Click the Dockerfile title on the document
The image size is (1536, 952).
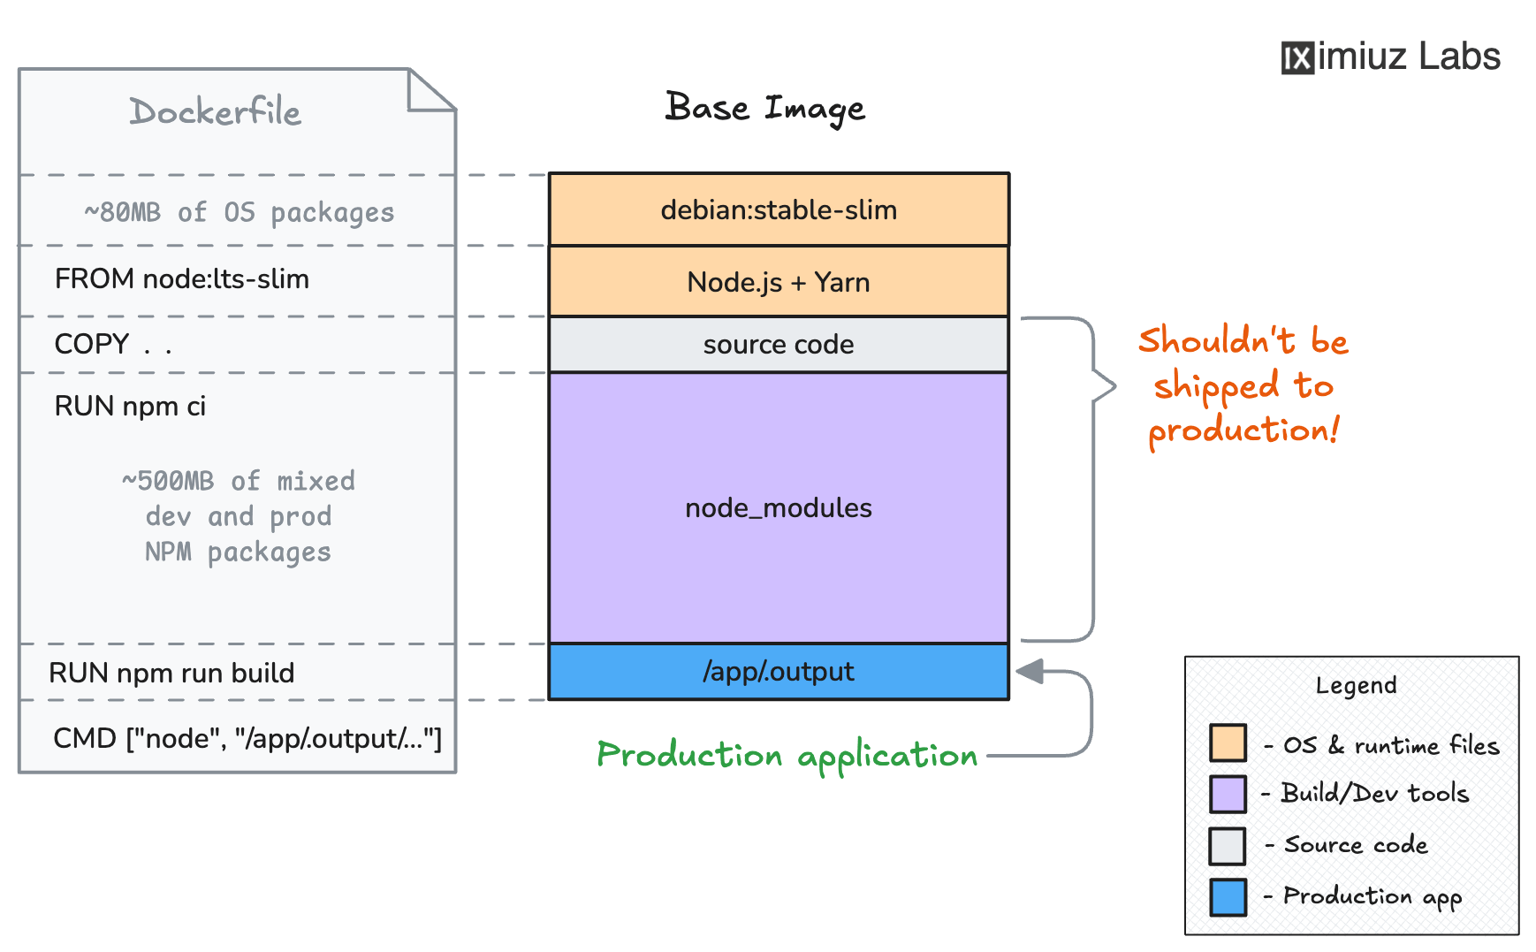pyautogui.click(x=215, y=112)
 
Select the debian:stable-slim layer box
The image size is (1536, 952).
pyautogui.click(x=779, y=209)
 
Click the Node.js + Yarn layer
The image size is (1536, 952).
pyautogui.click(x=779, y=282)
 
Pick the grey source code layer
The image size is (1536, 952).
pyautogui.click(x=779, y=345)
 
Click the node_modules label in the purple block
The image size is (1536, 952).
pyautogui.click(x=779, y=508)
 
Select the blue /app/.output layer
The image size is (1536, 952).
pyautogui.click(x=779, y=672)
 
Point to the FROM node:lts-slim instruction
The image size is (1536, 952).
pyautogui.click(x=182, y=279)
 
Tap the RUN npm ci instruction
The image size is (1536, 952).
pyautogui.click(x=130, y=407)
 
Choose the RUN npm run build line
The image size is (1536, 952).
pyautogui.click(x=171, y=674)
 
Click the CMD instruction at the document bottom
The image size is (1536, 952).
pyautogui.click(x=247, y=738)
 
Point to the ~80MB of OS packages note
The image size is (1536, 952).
pyautogui.click(x=239, y=212)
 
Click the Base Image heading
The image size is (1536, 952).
pyautogui.click(x=765, y=109)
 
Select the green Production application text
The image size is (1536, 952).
pyautogui.click(x=787, y=756)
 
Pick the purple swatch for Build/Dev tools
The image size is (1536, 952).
pyautogui.click(x=1228, y=794)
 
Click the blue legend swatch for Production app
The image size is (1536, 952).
pyautogui.click(x=1228, y=897)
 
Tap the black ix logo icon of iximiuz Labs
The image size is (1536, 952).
pyautogui.click(x=1297, y=58)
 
